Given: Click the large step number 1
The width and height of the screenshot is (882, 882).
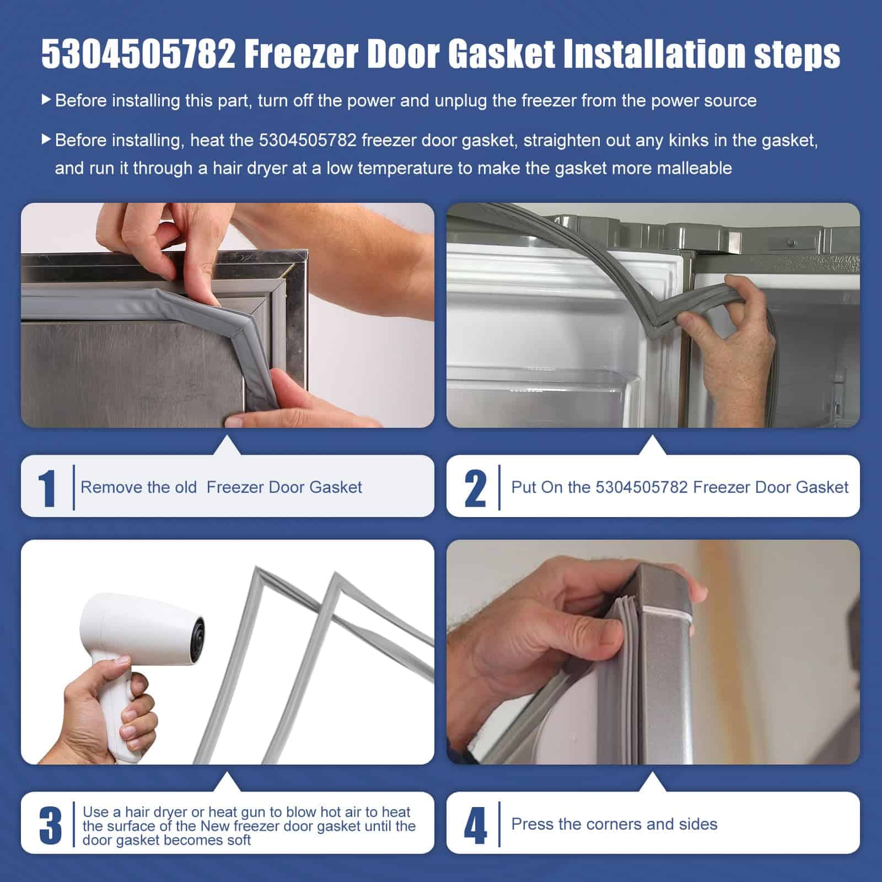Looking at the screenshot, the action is [48, 487].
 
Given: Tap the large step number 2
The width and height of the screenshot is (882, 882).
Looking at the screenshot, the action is [475, 487].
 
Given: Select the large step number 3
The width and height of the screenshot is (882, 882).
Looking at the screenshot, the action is [51, 825].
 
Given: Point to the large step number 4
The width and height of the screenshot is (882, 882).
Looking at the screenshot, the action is [475, 825].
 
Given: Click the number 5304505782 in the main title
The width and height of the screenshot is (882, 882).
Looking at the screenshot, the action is [138, 54].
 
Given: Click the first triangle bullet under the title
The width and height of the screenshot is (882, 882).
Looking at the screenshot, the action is [46, 100].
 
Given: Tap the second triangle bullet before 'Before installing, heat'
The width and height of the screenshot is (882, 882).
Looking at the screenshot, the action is [46, 140].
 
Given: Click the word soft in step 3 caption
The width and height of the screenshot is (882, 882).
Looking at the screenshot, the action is [237, 840].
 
